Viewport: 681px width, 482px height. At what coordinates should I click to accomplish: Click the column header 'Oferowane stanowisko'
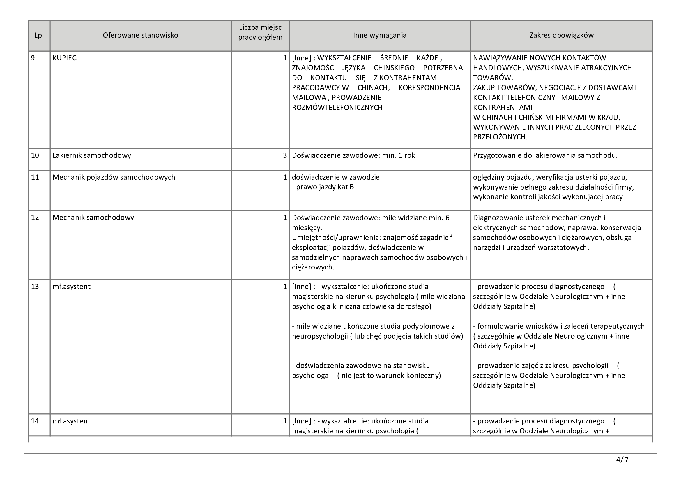pyautogui.click(x=140, y=35)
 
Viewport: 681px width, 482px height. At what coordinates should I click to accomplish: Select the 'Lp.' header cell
pyautogui.click(x=39, y=35)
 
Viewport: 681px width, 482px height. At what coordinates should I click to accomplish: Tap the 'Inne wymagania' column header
pyautogui.click(x=380, y=35)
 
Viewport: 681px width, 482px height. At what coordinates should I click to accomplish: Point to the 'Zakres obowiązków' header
pyautogui.click(x=561, y=35)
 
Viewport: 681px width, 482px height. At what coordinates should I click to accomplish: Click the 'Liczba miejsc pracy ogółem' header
pyautogui.click(x=260, y=33)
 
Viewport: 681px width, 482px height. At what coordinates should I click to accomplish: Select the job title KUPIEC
pyautogui.click(x=65, y=58)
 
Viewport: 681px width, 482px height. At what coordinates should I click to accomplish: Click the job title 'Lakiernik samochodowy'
pyautogui.click(x=92, y=155)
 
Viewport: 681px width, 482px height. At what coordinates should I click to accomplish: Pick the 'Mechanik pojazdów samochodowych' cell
pyautogui.click(x=114, y=177)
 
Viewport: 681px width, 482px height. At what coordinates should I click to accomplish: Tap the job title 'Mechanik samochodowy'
pyautogui.click(x=93, y=218)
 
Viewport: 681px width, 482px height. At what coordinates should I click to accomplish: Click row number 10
pyautogui.click(x=35, y=155)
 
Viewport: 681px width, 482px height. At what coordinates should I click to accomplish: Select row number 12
pyautogui.click(x=35, y=218)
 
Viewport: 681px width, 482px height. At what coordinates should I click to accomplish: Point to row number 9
pyautogui.click(x=33, y=58)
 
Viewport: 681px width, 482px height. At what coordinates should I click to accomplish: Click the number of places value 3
pyautogui.click(x=285, y=155)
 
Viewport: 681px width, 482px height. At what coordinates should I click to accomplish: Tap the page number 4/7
pyautogui.click(x=622, y=460)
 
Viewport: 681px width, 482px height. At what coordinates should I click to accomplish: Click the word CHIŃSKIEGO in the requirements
pyautogui.click(x=394, y=68)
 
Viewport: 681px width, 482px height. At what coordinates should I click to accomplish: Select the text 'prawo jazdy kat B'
pyautogui.click(x=325, y=187)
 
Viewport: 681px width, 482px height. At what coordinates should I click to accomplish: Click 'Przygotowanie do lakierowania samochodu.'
pyautogui.click(x=545, y=155)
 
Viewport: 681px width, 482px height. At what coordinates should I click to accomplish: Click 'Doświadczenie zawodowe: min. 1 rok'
pyautogui.click(x=353, y=155)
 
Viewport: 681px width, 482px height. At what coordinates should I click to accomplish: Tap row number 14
pyautogui.click(x=35, y=421)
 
